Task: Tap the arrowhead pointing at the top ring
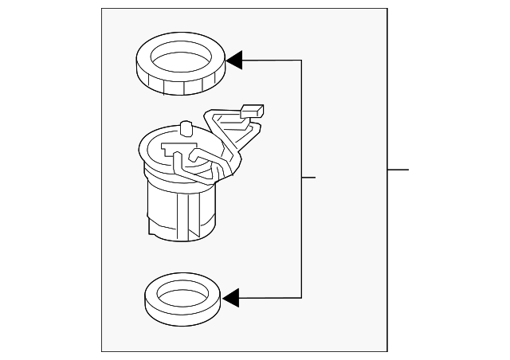tap(233, 60)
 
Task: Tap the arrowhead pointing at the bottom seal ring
tap(231, 299)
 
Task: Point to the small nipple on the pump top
tap(186, 127)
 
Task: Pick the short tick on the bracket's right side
tap(309, 177)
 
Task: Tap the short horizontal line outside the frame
tap(398, 169)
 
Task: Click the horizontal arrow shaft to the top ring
tap(271, 60)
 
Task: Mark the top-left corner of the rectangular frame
tap(102, 10)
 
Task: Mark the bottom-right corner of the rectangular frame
tap(387, 350)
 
